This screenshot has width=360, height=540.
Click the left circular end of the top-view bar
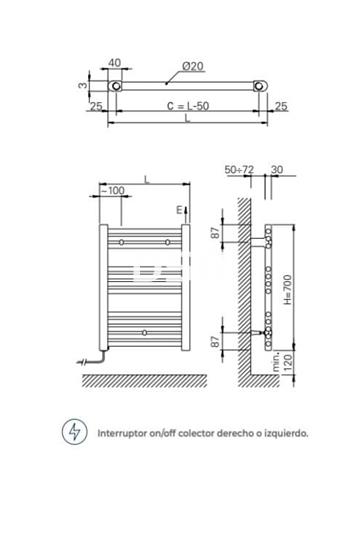tap(116, 87)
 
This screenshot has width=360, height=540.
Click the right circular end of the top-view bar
tap(262, 87)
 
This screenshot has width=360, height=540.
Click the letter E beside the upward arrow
tap(177, 211)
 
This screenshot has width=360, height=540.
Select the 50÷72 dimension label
tap(240, 171)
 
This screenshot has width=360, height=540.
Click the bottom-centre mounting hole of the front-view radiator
tap(146, 331)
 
